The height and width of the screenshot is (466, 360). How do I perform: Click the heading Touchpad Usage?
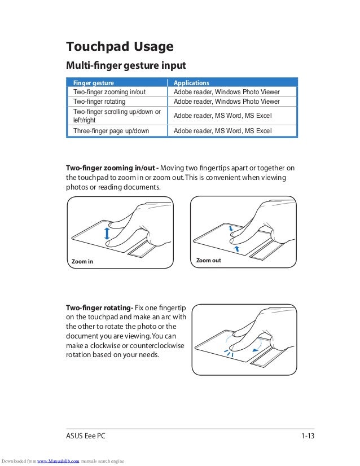coord(120,46)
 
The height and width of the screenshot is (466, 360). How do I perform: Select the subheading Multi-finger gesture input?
coord(126,65)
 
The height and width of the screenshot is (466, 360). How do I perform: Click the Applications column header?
coord(191,83)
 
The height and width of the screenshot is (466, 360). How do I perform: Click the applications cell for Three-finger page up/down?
coord(222,131)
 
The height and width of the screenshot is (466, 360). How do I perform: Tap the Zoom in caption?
coord(82,262)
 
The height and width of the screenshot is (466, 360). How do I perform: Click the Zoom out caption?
coord(208,261)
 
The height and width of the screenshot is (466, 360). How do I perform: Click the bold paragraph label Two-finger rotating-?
coord(99,307)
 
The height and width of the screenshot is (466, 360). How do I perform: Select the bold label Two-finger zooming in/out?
coord(111,168)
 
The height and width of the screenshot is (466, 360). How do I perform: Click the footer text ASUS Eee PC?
coord(85,436)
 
